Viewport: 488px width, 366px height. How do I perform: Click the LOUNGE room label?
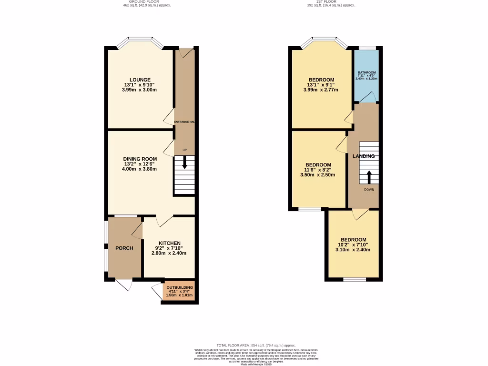[140, 80]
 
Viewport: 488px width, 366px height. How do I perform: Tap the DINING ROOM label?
[140, 159]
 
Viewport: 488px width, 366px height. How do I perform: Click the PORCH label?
[124, 248]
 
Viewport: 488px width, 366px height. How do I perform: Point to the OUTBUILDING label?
[180, 287]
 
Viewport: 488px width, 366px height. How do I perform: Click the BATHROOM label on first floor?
[366, 72]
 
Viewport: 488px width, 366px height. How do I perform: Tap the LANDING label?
[363, 156]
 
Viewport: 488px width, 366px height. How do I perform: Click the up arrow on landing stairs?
[369, 176]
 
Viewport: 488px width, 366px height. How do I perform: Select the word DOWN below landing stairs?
[369, 190]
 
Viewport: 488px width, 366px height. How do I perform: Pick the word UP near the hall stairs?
[184, 151]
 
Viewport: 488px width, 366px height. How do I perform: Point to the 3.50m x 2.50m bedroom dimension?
[317, 175]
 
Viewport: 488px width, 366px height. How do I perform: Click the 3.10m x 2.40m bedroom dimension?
[353, 250]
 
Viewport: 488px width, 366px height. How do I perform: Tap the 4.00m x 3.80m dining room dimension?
[140, 169]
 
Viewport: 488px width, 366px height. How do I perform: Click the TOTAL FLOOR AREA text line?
[256, 345]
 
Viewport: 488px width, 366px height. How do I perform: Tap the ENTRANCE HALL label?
[185, 122]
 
